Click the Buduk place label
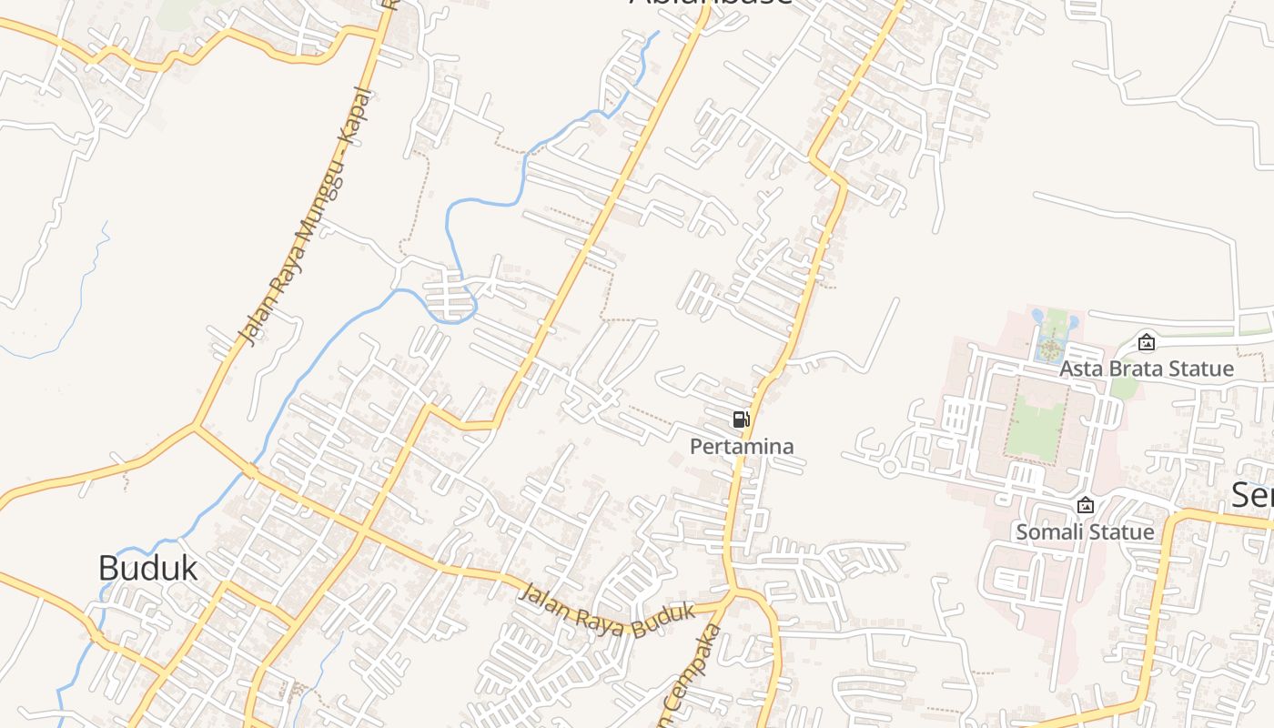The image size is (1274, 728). click(147, 568)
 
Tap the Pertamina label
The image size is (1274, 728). click(742, 447)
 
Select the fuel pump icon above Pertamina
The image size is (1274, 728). click(742, 420)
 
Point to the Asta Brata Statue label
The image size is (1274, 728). click(1147, 369)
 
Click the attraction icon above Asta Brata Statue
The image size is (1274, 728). click(1147, 342)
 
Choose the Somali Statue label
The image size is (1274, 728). click(1085, 531)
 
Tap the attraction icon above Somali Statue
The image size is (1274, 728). click(1085, 505)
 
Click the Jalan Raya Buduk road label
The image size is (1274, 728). click(607, 611)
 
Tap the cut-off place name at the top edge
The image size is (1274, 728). click(711, 4)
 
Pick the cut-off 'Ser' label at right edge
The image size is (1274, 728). click(1252, 495)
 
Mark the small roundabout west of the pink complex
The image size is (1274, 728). click(889, 467)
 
